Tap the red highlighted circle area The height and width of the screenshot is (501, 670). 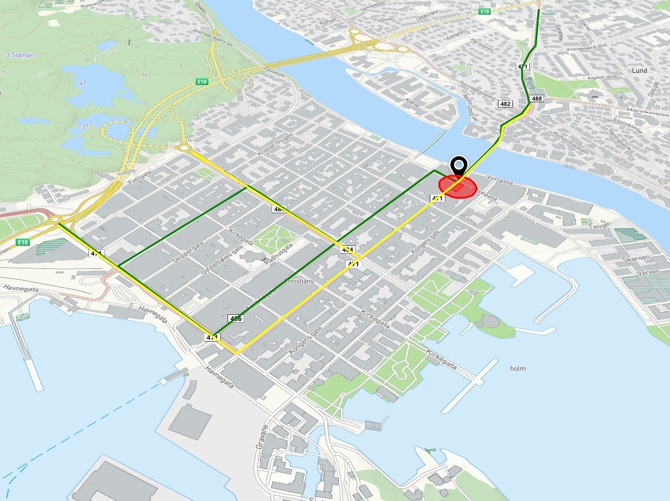point(457,187)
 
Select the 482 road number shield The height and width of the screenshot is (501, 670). point(505,104)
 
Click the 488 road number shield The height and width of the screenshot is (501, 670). point(537,98)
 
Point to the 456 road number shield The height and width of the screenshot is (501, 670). point(236,319)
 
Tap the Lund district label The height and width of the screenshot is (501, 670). point(639,70)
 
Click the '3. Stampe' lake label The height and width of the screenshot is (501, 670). point(20,55)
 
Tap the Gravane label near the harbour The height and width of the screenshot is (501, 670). point(262,436)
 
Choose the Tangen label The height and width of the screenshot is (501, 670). point(600,225)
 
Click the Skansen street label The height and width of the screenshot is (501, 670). point(636,259)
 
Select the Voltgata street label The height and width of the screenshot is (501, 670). point(500,180)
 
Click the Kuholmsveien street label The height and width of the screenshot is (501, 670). point(571,142)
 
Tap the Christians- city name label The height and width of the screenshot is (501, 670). point(299,282)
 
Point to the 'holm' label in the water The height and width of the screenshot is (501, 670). point(518,369)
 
